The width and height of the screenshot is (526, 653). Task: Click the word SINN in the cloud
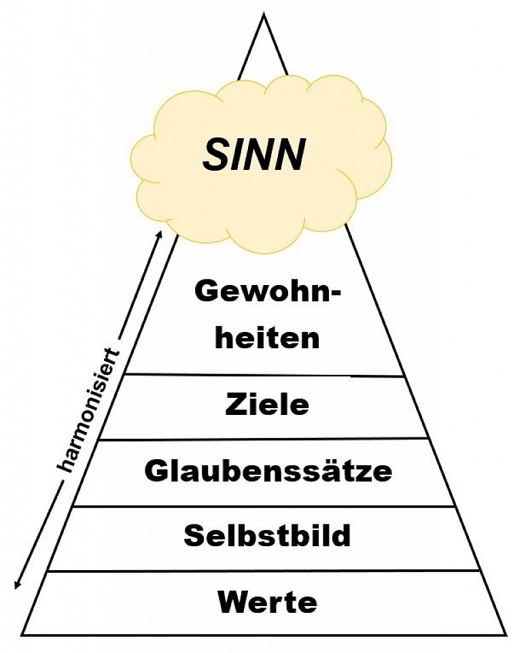[253, 155]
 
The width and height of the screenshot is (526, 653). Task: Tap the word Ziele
[266, 406]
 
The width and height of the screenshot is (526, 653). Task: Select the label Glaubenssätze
[268, 471]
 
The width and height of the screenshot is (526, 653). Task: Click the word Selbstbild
[267, 536]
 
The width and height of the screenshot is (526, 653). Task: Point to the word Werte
[267, 602]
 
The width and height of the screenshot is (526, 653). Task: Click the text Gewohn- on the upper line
[267, 293]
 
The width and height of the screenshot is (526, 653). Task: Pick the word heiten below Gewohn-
[267, 338]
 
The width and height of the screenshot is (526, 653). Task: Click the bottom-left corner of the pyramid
[22, 635]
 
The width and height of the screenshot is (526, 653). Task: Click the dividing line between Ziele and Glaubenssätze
[265, 439]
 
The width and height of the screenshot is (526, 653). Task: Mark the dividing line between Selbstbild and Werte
[265, 571]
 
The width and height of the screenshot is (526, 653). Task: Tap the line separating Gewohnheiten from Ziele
[265, 374]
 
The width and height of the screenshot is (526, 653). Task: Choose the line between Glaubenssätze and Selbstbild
[265, 506]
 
